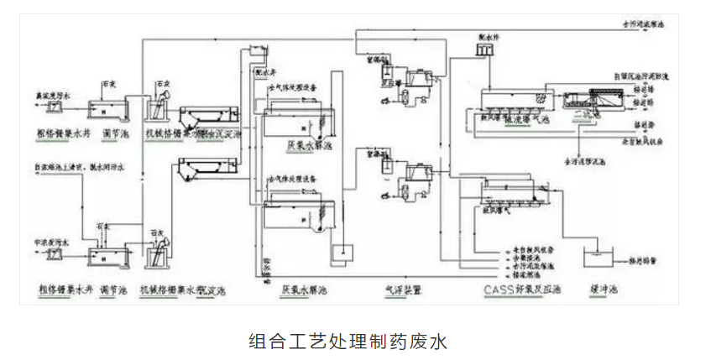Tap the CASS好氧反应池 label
pos(521,290)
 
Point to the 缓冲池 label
pos(602,290)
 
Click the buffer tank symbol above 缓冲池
pos(598,259)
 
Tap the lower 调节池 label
pos(113,290)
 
